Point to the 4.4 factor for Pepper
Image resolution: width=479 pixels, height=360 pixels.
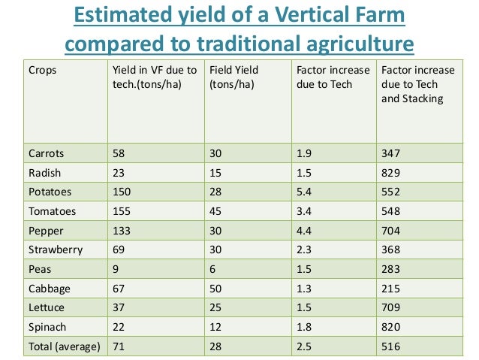304,231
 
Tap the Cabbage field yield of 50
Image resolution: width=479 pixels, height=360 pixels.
217,289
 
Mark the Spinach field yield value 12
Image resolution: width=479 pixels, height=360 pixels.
217,327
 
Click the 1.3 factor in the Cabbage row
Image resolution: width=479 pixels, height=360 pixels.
304,289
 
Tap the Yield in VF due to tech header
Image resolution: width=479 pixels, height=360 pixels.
153,77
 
